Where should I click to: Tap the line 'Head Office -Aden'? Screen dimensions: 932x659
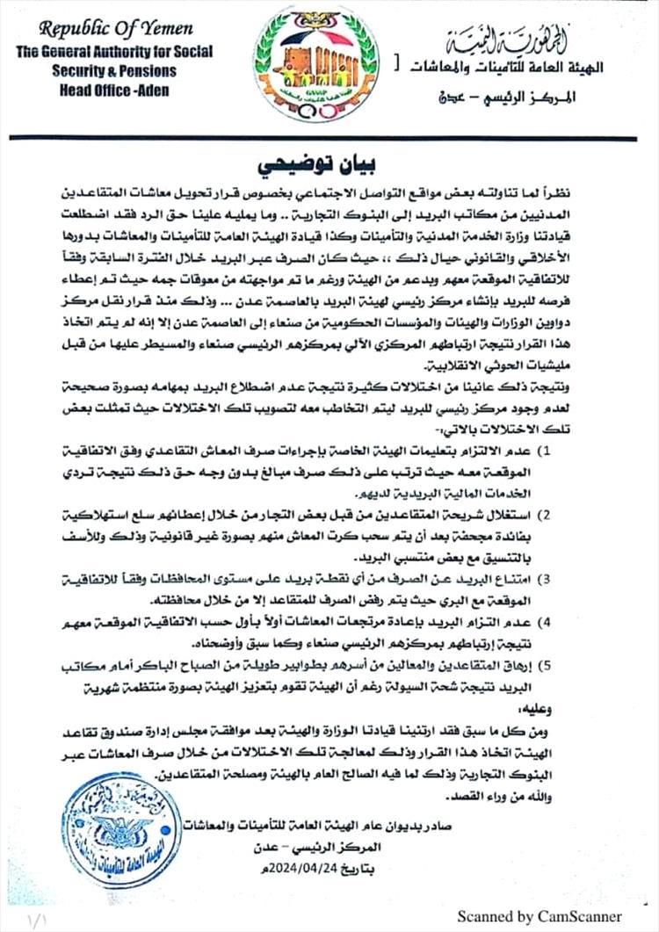click(x=112, y=90)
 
